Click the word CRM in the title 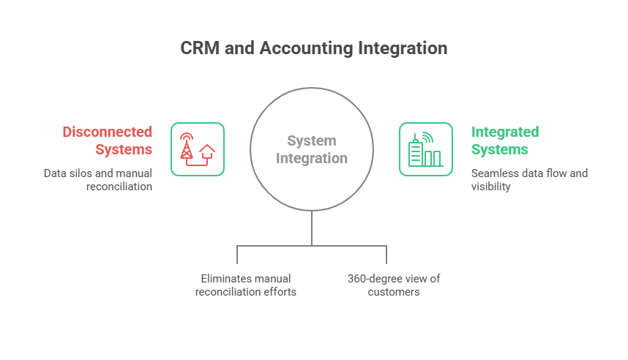[x=200, y=48]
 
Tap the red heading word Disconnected [x=108, y=132]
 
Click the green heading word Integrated [x=505, y=132]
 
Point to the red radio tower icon [x=186, y=146]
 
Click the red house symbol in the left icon [x=206, y=153]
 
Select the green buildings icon [x=425, y=149]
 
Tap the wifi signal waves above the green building [x=427, y=138]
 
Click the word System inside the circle [x=312, y=141]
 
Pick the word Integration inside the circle [x=312, y=159]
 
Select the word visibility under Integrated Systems [x=490, y=187]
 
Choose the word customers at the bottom [x=394, y=292]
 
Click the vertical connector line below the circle [x=312, y=228]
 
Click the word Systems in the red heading [x=124, y=150]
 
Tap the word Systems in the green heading [x=500, y=150]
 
